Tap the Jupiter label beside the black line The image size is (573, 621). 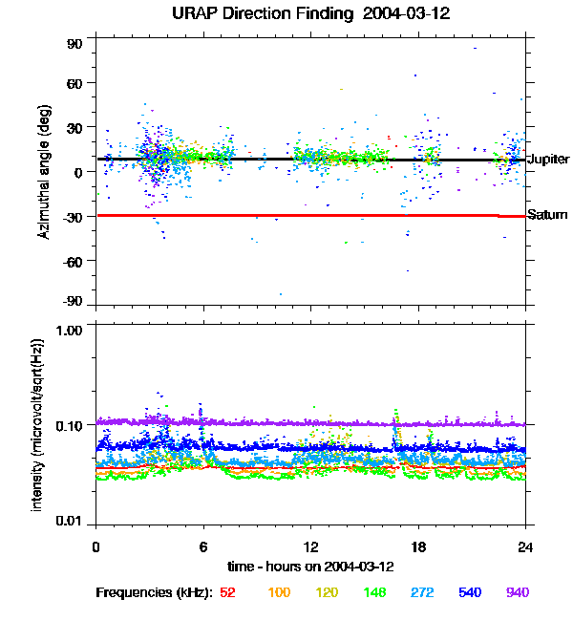pos(548,159)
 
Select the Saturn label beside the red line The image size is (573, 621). pos(547,215)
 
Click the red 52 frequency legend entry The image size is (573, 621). pos(227,593)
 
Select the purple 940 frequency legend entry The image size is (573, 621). pos(517,593)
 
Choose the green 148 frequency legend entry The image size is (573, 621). pos(375,593)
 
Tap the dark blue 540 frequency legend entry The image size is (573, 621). pos(470,593)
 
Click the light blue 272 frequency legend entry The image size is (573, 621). pos(422,593)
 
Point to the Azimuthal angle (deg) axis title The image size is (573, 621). pos(43,173)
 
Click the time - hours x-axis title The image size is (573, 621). pos(310,566)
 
